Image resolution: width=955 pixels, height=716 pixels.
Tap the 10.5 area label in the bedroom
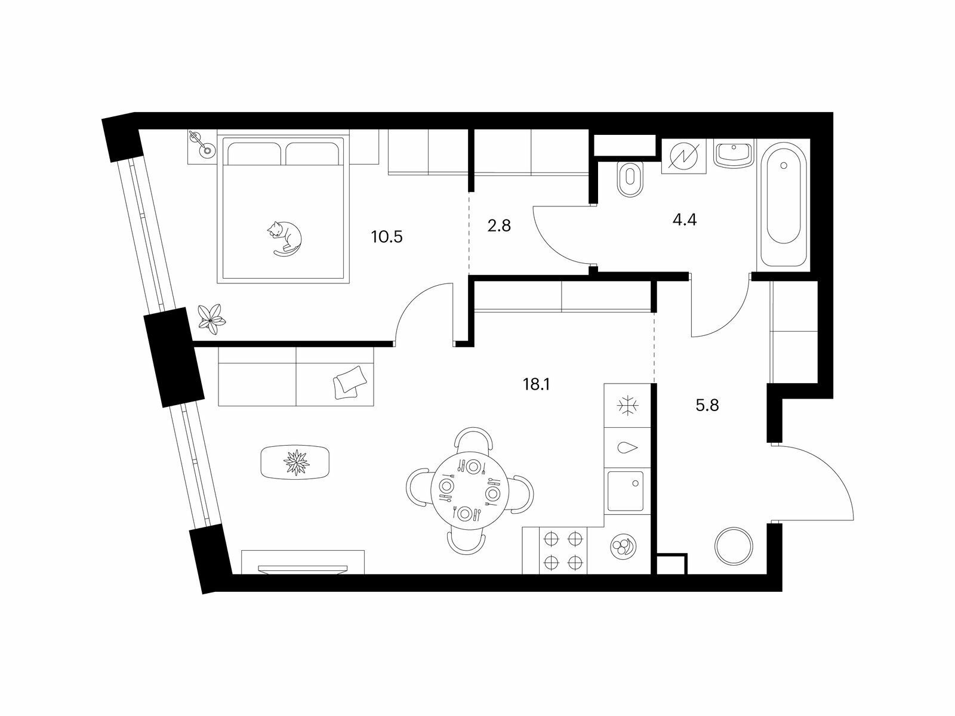pyautogui.click(x=387, y=237)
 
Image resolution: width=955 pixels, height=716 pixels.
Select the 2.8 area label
pyautogui.click(x=498, y=226)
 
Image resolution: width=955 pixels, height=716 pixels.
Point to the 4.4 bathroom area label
pyautogui.click(x=685, y=220)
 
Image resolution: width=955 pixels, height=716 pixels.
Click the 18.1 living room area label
pyautogui.click(x=537, y=384)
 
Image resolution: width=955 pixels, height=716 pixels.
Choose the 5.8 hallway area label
pyautogui.click(x=707, y=405)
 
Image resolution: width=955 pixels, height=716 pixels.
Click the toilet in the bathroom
pyautogui.click(x=630, y=178)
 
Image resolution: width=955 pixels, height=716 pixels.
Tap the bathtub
pyautogui.click(x=784, y=203)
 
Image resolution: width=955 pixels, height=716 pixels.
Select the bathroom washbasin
pyautogui.click(x=734, y=155)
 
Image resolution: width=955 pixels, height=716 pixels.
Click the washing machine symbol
pyautogui.click(x=683, y=156)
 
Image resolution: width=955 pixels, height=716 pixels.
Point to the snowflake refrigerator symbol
pyautogui.click(x=628, y=406)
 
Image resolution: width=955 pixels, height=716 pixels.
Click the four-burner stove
pyautogui.click(x=563, y=550)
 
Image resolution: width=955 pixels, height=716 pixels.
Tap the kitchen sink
pyautogui.click(x=625, y=491)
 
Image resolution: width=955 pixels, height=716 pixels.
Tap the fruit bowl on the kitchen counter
pyautogui.click(x=623, y=547)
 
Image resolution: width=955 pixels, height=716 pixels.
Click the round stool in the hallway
pyautogui.click(x=734, y=546)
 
